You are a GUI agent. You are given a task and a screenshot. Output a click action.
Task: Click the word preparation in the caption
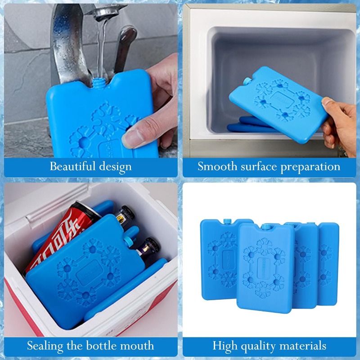(310, 167)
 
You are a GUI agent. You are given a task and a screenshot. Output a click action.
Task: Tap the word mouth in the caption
(139, 346)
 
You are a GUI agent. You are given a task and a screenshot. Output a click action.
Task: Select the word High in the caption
(225, 346)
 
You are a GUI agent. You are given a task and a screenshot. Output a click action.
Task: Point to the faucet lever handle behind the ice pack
(126, 40)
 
